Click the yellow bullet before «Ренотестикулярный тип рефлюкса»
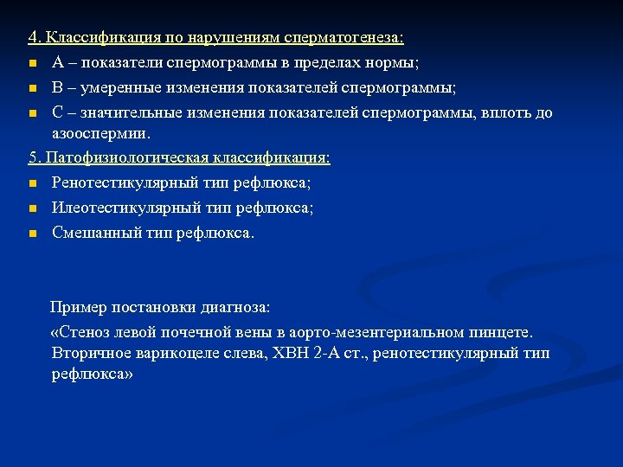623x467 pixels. click(x=32, y=183)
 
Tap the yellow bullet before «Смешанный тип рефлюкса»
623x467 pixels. click(x=32, y=233)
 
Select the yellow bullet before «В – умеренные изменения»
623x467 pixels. click(x=32, y=88)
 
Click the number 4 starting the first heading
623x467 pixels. click(x=32, y=39)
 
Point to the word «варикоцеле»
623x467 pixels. click(x=174, y=353)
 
